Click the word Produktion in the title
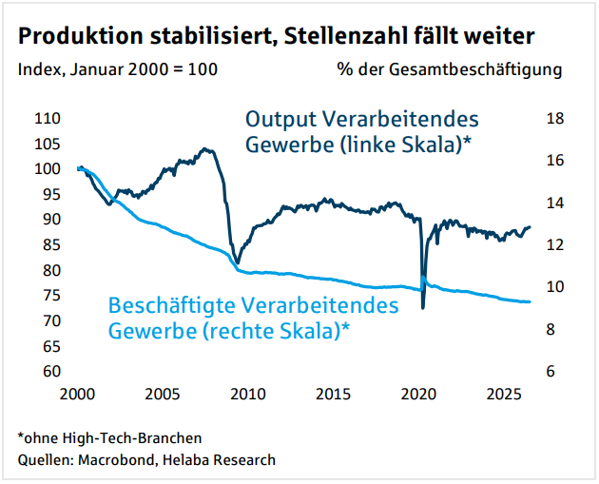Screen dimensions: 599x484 (x=81, y=36)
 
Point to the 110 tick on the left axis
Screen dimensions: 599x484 (x=48, y=119)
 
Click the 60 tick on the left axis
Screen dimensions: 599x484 (x=51, y=371)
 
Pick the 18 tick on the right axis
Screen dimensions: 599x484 (x=555, y=119)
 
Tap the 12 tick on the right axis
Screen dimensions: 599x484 (x=555, y=244)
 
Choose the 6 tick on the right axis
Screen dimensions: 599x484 (x=551, y=371)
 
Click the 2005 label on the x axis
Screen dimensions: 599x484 (x=163, y=394)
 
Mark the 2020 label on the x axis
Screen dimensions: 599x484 (x=418, y=394)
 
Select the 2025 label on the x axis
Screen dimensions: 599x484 (x=504, y=394)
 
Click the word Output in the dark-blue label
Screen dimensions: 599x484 (x=280, y=120)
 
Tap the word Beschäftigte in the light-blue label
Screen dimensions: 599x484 (x=171, y=305)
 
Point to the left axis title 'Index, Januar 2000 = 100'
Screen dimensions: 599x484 (x=118, y=69)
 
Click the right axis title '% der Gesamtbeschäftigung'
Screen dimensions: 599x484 (x=450, y=69)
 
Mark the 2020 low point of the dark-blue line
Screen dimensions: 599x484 (x=423, y=307)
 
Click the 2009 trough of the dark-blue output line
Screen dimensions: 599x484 (x=238, y=262)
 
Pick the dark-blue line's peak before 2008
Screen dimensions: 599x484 (x=204, y=148)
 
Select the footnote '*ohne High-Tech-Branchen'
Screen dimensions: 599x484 (x=110, y=438)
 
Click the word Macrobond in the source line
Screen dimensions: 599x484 (x=116, y=459)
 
